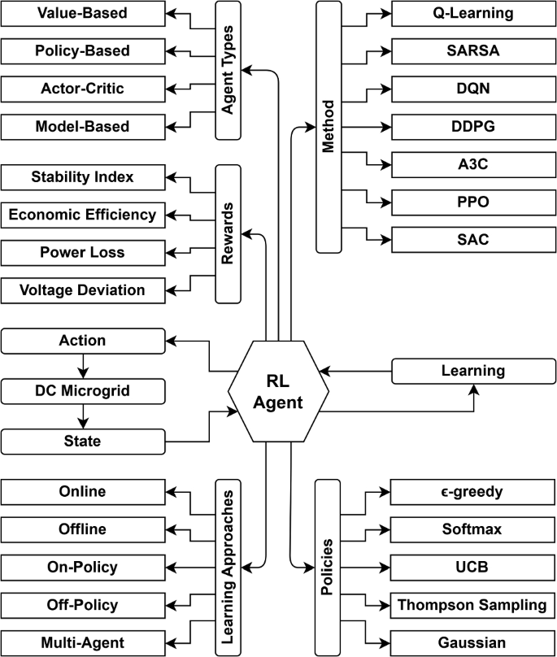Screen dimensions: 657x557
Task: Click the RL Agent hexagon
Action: [279, 391]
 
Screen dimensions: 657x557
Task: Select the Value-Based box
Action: [82, 13]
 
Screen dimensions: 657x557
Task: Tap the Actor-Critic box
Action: [82, 89]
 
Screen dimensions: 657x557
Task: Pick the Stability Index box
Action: [82, 176]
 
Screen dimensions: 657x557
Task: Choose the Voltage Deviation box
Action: [82, 289]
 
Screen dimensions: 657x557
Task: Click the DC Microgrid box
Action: [82, 391]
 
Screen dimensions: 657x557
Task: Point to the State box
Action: [82, 441]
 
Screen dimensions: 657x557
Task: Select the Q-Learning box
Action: [473, 13]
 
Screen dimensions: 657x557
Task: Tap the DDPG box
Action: [473, 126]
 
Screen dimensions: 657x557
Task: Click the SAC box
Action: [473, 239]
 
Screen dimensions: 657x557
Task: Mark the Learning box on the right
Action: [473, 371]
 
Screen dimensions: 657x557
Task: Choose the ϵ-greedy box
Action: [473, 492]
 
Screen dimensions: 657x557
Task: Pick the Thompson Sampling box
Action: [473, 604]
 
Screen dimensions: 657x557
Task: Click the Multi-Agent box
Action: [82, 642]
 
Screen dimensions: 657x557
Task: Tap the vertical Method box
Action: [329, 126]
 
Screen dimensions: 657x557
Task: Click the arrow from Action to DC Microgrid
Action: [82, 366]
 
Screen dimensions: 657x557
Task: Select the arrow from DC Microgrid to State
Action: [82, 416]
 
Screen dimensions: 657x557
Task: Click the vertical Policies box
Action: [329, 567]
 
